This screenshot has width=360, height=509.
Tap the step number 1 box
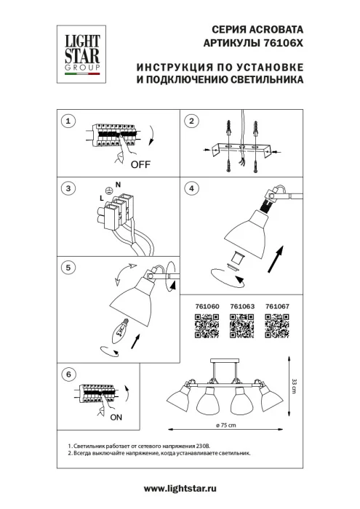coord(68,121)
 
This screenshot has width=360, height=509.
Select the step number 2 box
coord(192,121)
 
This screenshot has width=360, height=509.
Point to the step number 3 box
coord(68,189)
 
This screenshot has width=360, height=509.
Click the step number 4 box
coord(192,189)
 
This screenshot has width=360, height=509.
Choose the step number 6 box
coord(68,374)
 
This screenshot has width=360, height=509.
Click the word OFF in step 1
coord(140,164)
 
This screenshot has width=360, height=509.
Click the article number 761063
coord(241,306)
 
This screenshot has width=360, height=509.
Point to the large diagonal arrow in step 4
coord(275,258)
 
